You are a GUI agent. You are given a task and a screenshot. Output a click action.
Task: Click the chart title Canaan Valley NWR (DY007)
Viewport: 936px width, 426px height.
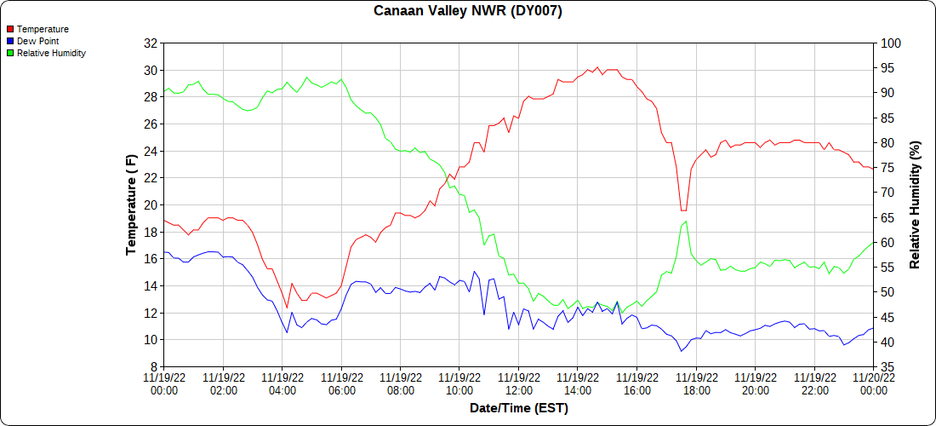[468, 11]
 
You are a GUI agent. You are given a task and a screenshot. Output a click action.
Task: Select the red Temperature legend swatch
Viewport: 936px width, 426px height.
[10, 29]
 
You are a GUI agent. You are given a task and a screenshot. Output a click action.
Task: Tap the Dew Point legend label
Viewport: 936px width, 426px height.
[37, 41]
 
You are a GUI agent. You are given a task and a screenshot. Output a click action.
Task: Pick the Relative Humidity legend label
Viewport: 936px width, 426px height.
[51, 53]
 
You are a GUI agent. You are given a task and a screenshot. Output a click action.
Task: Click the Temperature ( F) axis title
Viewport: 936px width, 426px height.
[131, 204]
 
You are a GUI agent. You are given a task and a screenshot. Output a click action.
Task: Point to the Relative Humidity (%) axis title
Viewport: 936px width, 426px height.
[915, 204]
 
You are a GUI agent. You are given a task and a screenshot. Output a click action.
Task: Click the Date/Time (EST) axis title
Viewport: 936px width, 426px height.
[518, 408]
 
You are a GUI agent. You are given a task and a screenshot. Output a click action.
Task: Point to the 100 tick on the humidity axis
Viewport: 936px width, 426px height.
[890, 43]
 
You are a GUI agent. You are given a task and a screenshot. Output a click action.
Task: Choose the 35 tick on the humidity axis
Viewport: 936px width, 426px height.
[887, 367]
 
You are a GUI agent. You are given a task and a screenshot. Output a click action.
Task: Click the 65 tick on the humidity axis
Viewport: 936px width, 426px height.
[887, 219]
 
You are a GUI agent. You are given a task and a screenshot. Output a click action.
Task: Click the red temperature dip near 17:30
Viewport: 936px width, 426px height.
[682, 210]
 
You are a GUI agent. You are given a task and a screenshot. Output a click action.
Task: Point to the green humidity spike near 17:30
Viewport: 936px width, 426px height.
[685, 222]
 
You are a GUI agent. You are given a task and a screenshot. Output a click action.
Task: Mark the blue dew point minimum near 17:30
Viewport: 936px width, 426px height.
[681, 351]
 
